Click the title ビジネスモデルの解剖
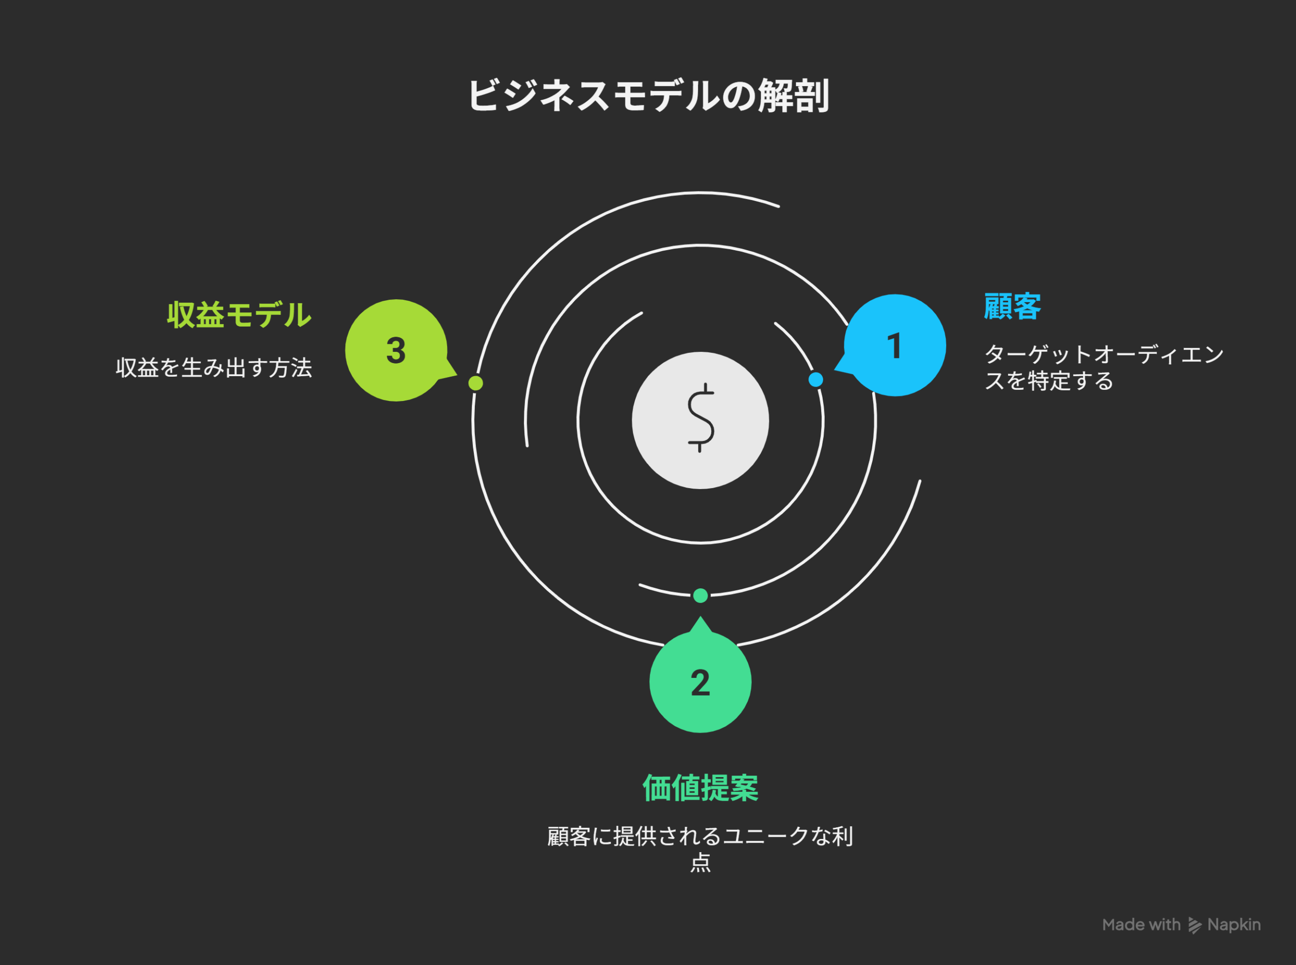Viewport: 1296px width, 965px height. tap(649, 96)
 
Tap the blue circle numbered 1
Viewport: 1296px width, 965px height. tap(895, 345)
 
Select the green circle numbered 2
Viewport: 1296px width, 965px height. tap(700, 681)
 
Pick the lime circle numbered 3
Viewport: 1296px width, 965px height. tap(396, 350)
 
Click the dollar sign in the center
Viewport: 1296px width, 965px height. tap(700, 418)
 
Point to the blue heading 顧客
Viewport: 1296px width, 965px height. tap(1012, 307)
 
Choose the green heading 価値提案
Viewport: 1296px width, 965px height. tap(700, 788)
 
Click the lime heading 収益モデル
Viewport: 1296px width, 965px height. tap(239, 315)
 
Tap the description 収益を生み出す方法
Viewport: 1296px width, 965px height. tap(214, 368)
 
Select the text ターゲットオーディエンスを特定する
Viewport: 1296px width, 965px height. tap(1104, 368)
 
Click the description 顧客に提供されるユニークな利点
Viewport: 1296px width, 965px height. tap(700, 849)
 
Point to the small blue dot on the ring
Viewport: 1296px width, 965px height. tap(816, 380)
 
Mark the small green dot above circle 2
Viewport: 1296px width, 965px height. tap(700, 596)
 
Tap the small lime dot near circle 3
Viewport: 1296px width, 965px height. tap(476, 383)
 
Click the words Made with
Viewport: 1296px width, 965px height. tap(1141, 924)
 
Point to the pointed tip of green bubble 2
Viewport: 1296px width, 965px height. tap(700, 616)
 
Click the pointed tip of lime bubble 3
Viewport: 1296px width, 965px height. tap(457, 375)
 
